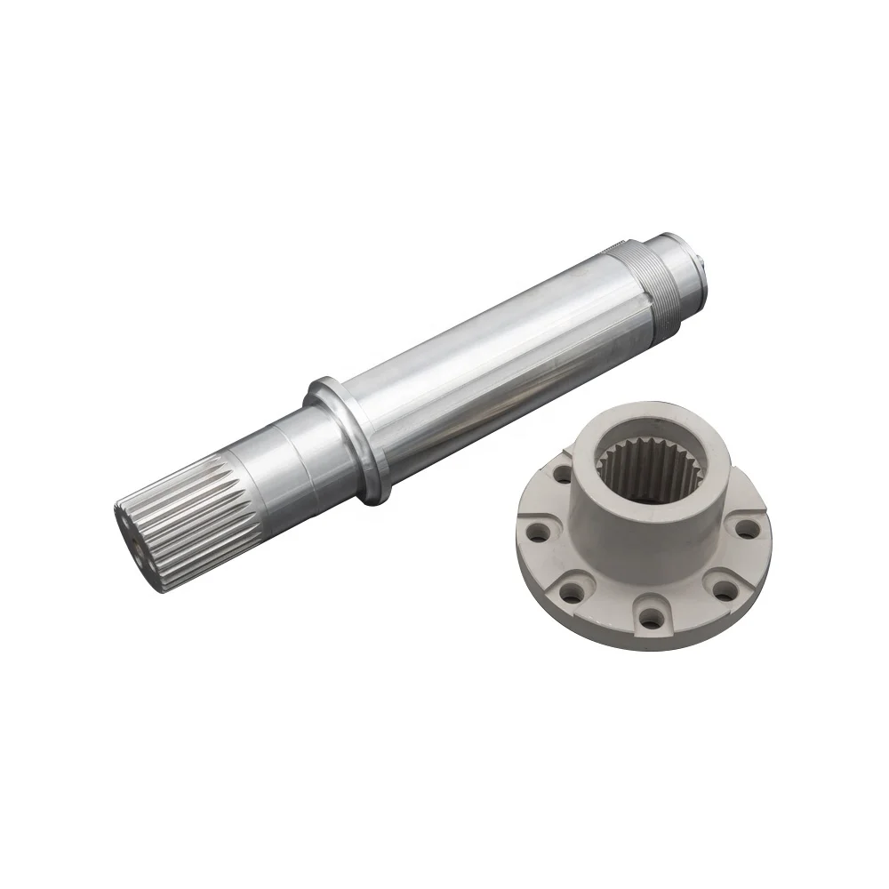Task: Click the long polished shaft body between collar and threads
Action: click(x=489, y=356)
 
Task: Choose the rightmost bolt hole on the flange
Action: click(x=748, y=530)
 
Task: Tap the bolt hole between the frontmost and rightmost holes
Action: click(x=722, y=589)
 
